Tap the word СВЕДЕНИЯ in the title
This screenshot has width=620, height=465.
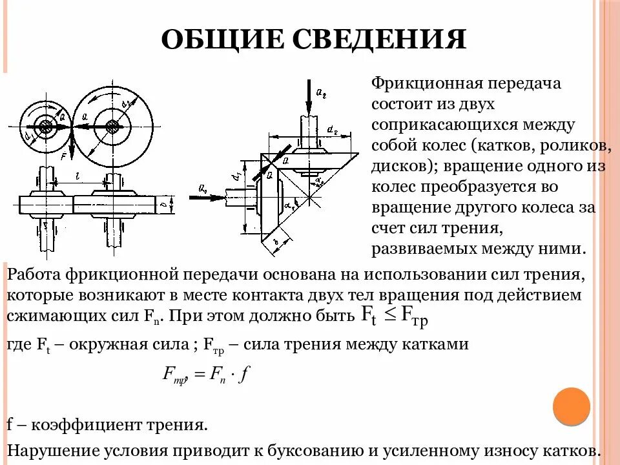point(378,39)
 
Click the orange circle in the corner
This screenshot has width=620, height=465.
point(572,406)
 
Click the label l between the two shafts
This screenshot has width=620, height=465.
point(77,176)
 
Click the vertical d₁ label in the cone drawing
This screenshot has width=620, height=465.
point(237,173)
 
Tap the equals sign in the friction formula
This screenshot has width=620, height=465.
point(198,375)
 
